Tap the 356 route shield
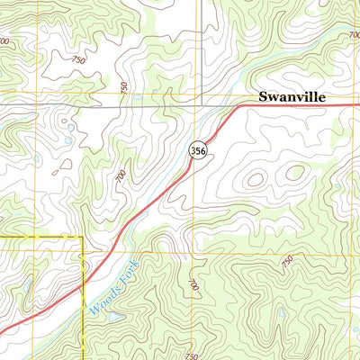pos(198,151)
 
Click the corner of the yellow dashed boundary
pos(82,238)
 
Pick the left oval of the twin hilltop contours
pos(256,179)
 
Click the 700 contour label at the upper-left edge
pos(6,42)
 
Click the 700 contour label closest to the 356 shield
pos(121,178)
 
